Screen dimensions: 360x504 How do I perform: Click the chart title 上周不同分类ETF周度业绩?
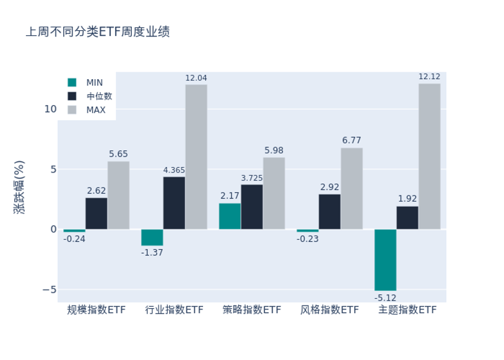pyautogui.click(x=98, y=32)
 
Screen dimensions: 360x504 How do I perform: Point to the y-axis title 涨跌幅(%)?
pyautogui.click(x=20, y=187)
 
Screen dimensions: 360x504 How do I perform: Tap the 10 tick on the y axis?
pyautogui.click(x=50, y=109)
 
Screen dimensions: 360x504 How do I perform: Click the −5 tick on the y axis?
pyautogui.click(x=50, y=289)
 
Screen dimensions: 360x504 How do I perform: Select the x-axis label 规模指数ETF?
pyautogui.click(x=96, y=310)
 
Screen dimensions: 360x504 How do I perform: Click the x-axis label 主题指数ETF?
pyautogui.click(x=407, y=310)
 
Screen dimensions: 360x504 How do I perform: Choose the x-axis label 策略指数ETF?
pyautogui.click(x=252, y=310)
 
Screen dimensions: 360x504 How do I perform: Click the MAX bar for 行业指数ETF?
pyautogui.click(x=196, y=156)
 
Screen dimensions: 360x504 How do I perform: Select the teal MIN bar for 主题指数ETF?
pyautogui.click(x=385, y=260)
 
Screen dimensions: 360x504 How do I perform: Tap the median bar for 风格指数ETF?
pyautogui.click(x=329, y=212)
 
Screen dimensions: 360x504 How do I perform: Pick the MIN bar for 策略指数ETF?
pyautogui.click(x=230, y=216)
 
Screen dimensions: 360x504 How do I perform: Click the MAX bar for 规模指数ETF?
pyautogui.click(x=118, y=195)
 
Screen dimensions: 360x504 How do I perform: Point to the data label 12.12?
pyautogui.click(x=429, y=77)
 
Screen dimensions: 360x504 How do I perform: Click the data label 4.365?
pyautogui.click(x=174, y=170)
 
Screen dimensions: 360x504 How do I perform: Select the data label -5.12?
pyautogui.click(x=385, y=297)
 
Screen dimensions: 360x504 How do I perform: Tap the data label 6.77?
pyautogui.click(x=352, y=140)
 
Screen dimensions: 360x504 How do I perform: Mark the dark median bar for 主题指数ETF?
pyautogui.click(x=407, y=218)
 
